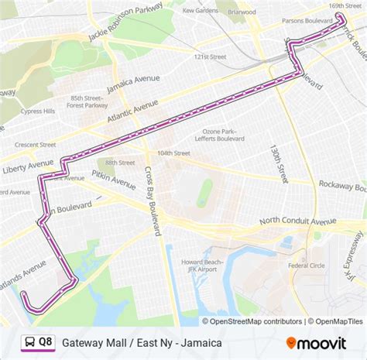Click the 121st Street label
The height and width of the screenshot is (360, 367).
210,57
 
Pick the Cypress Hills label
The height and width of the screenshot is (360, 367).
39,111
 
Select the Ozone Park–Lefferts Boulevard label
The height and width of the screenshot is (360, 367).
224,135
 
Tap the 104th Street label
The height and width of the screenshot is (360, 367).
173,153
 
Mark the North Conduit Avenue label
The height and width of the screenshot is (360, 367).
297,221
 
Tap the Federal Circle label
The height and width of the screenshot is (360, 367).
306,266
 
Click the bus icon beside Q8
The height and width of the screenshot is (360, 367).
28,341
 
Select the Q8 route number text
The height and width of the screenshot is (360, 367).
46,341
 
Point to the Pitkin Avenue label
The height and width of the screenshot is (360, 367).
113,180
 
